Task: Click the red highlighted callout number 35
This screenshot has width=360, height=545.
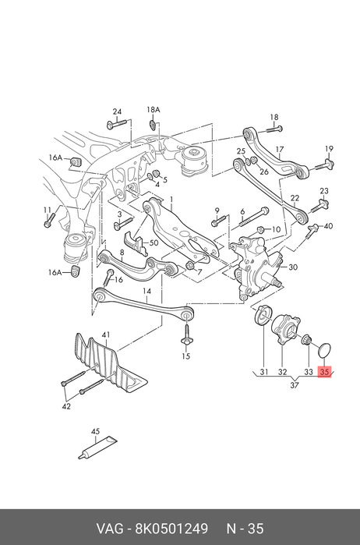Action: [324, 372]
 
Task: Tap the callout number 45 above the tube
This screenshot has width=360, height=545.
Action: [96, 431]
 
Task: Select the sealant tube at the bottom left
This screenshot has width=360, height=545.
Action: [98, 448]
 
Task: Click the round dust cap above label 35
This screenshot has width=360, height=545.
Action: [325, 350]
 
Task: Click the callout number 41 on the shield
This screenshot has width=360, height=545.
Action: [106, 335]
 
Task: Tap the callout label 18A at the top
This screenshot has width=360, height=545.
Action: [154, 110]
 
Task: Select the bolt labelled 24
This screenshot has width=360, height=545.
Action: [116, 123]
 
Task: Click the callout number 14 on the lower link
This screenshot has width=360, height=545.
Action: [147, 291]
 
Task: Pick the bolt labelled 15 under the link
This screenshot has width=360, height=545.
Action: [186, 334]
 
